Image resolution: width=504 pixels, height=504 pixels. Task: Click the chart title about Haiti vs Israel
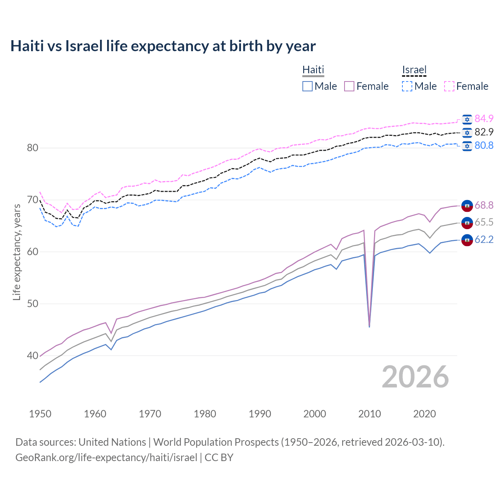coord(163,46)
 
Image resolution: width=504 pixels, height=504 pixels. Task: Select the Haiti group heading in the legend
coord(313,70)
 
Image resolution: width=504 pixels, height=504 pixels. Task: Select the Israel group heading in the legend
coord(414,70)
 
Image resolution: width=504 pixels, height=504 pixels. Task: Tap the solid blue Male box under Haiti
coord(308,86)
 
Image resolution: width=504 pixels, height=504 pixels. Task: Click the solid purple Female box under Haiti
coord(350,86)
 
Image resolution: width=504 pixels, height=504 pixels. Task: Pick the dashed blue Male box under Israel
coord(407,86)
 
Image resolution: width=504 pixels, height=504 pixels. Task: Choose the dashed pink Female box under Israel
coord(449,86)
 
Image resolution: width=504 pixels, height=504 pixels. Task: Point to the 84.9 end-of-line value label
coord(484,119)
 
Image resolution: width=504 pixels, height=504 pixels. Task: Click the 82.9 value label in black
coord(484,132)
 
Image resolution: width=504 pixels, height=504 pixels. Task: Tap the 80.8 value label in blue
coord(484,145)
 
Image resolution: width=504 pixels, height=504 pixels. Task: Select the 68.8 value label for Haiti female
coord(484,205)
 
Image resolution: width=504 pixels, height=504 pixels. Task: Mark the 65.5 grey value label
coord(484,222)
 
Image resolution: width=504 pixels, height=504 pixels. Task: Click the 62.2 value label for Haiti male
coord(484,239)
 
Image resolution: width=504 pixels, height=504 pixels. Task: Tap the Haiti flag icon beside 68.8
coord(467,205)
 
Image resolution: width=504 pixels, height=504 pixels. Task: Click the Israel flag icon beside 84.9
coord(467,119)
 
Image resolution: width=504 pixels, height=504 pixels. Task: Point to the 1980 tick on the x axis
coord(205,414)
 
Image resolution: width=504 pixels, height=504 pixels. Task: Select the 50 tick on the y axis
coord(32,304)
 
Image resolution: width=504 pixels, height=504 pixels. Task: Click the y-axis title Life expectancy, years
coord(17,252)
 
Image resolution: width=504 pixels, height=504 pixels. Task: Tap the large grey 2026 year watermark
coord(415,377)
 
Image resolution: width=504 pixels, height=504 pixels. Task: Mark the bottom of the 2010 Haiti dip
coord(369,326)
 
